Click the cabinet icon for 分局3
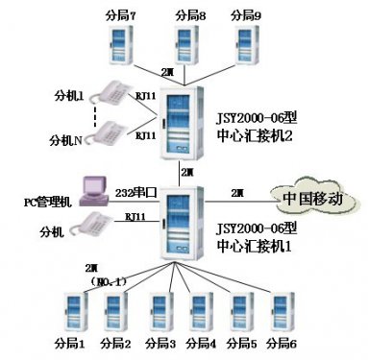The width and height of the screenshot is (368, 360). [159, 312]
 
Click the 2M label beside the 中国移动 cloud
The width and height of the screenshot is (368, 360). [237, 194]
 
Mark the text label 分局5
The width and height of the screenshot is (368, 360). [244, 343]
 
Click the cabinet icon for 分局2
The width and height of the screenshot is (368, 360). [116, 312]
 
